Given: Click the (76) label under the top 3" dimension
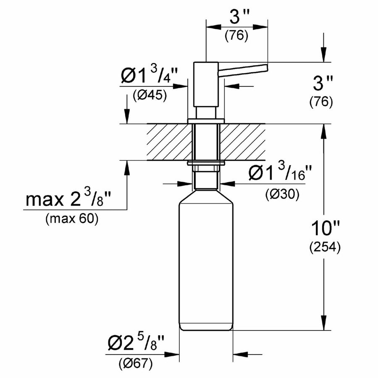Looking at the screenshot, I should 236,36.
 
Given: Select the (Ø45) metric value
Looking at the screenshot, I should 150,95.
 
